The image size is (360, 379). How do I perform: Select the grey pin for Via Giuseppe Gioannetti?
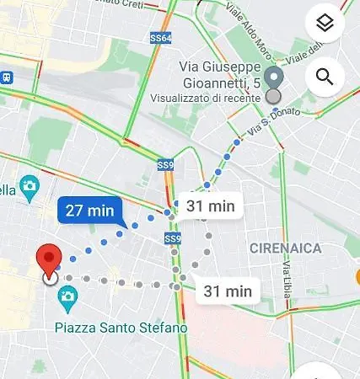pyautogui.click(x=272, y=79)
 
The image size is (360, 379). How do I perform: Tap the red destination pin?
pyautogui.click(x=51, y=261)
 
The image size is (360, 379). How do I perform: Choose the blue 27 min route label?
pyautogui.click(x=89, y=211)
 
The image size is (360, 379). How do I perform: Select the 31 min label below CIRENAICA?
pyautogui.click(x=227, y=291)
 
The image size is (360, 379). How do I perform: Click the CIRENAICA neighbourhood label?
pyautogui.click(x=287, y=247)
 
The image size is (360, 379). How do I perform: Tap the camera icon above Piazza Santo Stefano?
pyautogui.click(x=67, y=296)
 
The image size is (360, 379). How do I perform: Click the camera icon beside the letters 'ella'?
pyautogui.click(x=30, y=185)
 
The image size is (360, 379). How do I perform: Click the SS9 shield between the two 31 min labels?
pyautogui.click(x=172, y=239)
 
